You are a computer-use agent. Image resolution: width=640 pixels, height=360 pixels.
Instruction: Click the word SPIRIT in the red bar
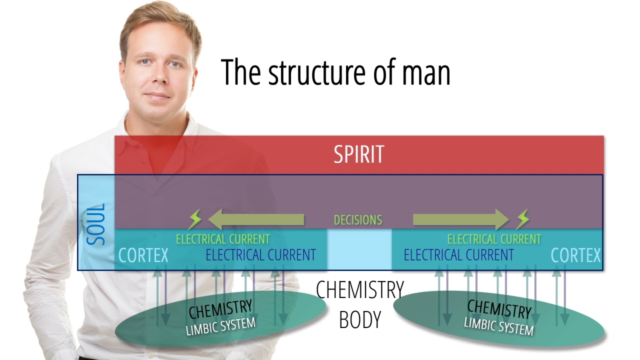[x=359, y=154]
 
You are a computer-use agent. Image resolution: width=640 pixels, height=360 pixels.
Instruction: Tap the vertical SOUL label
[x=96, y=223]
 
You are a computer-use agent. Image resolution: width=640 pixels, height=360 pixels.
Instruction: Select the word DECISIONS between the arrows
[x=358, y=220]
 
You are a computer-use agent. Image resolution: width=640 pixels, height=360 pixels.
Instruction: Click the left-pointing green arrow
[x=256, y=219]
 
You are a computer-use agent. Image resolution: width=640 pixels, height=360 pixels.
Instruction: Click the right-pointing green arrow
[x=460, y=219]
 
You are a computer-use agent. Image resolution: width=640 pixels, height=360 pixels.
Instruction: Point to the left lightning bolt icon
[x=194, y=219]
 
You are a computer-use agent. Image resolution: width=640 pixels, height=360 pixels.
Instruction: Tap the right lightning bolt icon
[x=522, y=219]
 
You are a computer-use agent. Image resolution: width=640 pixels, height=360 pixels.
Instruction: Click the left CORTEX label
[x=143, y=255]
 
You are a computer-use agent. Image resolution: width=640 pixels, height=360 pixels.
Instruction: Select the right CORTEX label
[x=575, y=255]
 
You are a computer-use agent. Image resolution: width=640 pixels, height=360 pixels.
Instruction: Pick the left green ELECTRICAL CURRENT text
[x=222, y=239]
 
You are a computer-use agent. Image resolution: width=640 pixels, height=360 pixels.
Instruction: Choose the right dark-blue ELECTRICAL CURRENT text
[x=458, y=255]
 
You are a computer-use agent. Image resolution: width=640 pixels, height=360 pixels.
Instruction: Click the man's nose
[x=158, y=76]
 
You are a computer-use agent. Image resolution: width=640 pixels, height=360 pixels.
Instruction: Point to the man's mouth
[x=158, y=95]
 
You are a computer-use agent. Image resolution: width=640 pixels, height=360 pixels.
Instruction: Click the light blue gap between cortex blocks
[x=359, y=249]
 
